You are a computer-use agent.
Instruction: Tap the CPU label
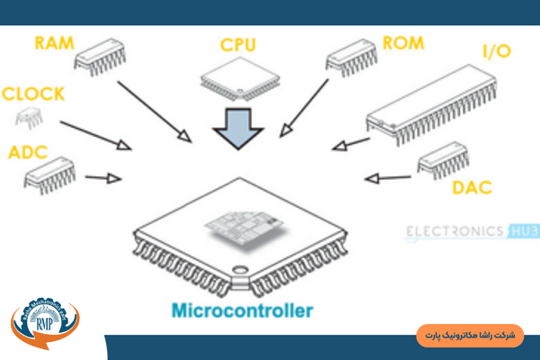(238, 43)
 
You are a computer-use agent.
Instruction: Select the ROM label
(402, 42)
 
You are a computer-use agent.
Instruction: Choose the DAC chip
(444, 164)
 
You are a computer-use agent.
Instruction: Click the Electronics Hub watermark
(472, 232)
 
